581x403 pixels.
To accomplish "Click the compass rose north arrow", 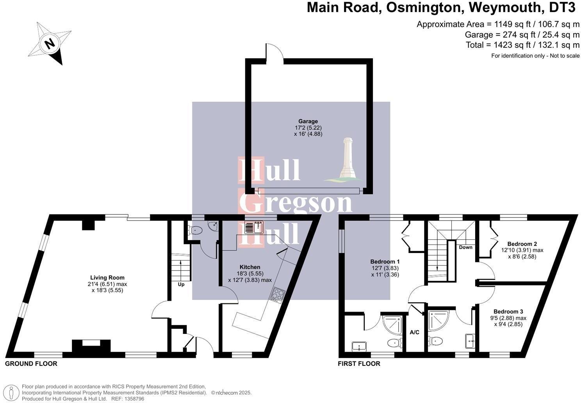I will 50,43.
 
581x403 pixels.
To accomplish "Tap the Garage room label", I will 308,121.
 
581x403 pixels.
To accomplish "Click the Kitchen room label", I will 250,267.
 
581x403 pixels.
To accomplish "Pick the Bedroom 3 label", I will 508,312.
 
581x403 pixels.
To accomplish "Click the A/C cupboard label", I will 414,332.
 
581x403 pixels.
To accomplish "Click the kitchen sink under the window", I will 254,227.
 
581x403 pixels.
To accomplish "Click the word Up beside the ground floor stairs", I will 181,285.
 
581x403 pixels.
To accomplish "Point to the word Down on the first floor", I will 465,247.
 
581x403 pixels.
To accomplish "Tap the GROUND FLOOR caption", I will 31,364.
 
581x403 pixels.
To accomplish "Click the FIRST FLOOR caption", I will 359,364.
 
